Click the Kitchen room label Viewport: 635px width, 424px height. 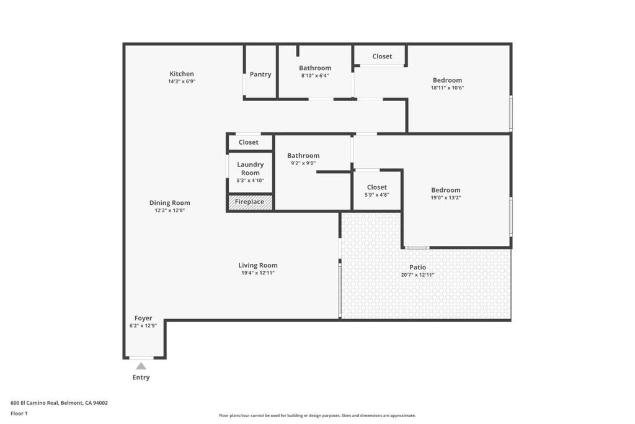(x=182, y=74)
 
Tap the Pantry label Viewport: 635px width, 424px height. (x=260, y=74)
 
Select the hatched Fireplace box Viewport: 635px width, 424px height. (x=251, y=202)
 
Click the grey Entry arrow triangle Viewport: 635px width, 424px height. (x=141, y=366)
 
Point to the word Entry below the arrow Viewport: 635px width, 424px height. (x=141, y=377)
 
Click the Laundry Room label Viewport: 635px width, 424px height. (x=251, y=169)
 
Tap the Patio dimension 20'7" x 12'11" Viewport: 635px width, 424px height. (x=417, y=275)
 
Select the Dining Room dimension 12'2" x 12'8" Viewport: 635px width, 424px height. (x=170, y=210)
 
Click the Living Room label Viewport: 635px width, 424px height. (x=258, y=266)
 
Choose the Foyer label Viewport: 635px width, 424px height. (x=143, y=318)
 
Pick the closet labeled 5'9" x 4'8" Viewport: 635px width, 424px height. (x=377, y=191)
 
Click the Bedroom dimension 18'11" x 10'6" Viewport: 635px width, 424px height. (x=448, y=88)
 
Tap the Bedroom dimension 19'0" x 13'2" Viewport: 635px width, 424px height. (x=446, y=198)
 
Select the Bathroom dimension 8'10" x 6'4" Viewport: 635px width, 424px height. (x=315, y=75)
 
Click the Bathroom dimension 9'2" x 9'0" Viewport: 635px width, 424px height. (x=303, y=163)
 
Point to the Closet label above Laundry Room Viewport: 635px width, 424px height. (x=248, y=142)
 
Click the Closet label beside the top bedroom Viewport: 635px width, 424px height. (x=382, y=56)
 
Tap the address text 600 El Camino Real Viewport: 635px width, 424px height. (x=35, y=403)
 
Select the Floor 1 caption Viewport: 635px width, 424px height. (x=19, y=413)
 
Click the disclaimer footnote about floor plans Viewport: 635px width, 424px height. (x=317, y=415)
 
